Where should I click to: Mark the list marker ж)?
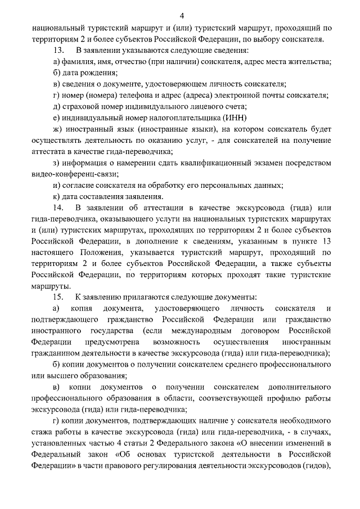[x=57, y=129]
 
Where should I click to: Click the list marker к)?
[x=56, y=196]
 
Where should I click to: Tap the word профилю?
[x=286, y=398]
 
